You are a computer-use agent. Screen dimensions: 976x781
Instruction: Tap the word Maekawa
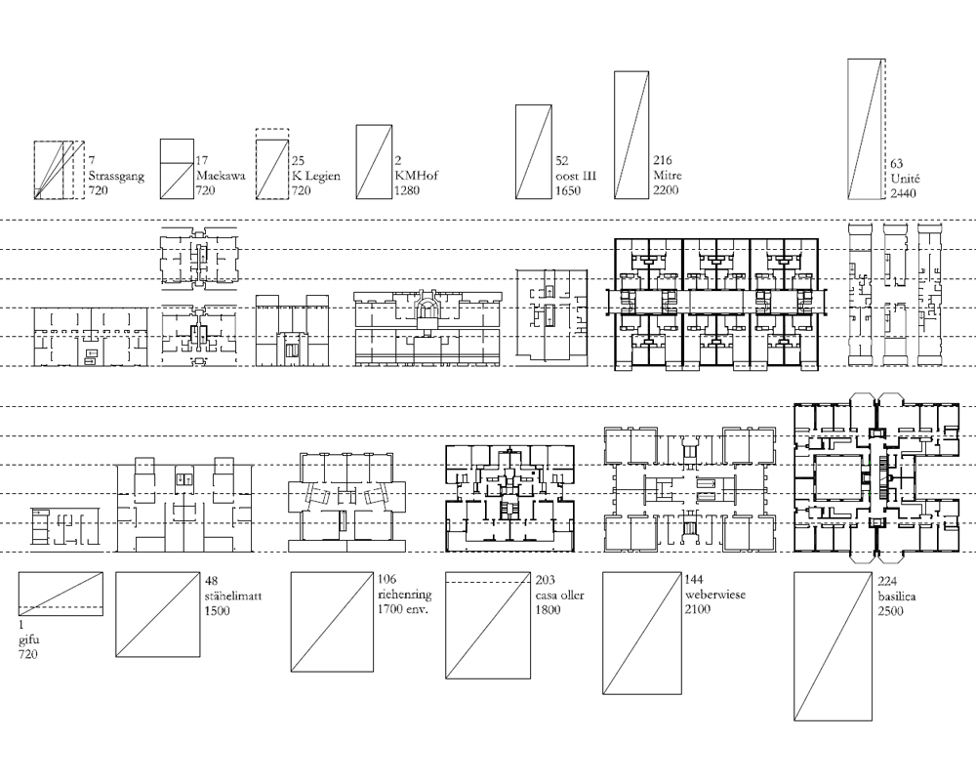click(221, 176)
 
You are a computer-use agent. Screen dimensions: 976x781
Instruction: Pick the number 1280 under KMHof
click(408, 191)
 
